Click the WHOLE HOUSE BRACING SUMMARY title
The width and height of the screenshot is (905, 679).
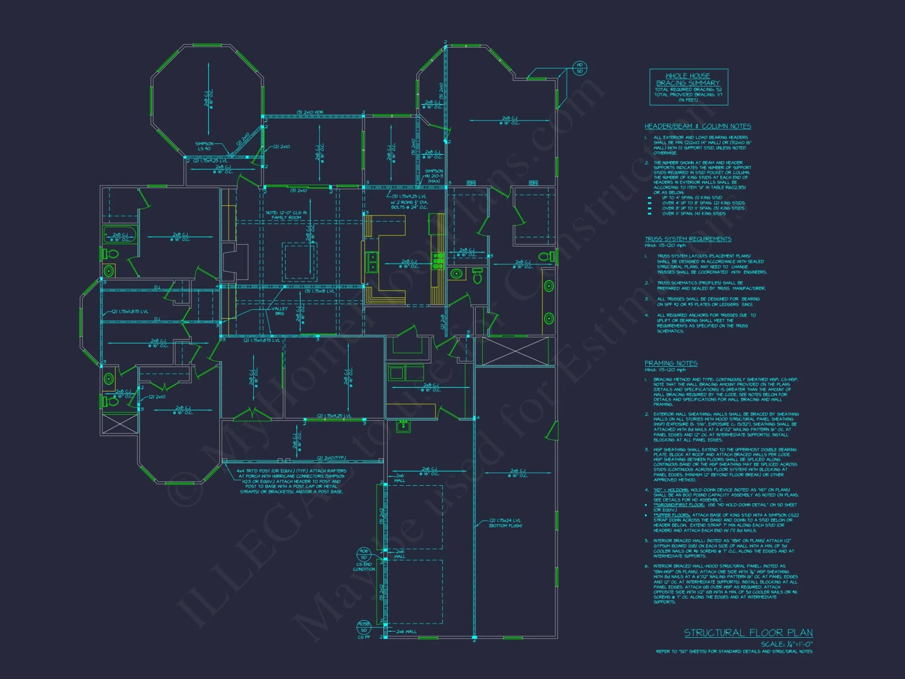tap(688, 79)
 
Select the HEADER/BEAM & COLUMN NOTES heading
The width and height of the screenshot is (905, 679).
tap(697, 126)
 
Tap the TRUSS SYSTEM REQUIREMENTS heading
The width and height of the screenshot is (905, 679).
tap(688, 239)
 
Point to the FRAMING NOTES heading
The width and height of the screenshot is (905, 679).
tap(671, 363)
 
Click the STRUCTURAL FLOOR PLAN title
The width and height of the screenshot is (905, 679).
tap(748, 632)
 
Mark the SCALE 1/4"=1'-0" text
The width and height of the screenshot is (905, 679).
tap(786, 644)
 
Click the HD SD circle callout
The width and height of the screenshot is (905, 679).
tap(580, 68)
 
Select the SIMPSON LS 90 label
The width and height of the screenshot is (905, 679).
tap(204, 146)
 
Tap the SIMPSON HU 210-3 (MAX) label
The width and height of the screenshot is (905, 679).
tap(433, 176)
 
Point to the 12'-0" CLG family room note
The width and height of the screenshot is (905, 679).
tap(286, 215)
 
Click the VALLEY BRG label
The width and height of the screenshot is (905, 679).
tap(280, 311)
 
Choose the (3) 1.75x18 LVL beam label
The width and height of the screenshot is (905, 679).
tap(319, 291)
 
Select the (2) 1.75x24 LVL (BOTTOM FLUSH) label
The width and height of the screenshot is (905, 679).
tap(505, 523)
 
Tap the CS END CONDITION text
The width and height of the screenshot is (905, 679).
tap(364, 567)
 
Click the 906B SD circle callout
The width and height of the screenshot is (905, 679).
tap(364, 627)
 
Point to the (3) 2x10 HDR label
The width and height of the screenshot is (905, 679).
tap(310, 112)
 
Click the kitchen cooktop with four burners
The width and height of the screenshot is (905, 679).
tap(438, 262)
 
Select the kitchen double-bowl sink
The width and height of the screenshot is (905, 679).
tap(372, 262)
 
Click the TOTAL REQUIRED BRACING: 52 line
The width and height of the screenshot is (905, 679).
tap(688, 90)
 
